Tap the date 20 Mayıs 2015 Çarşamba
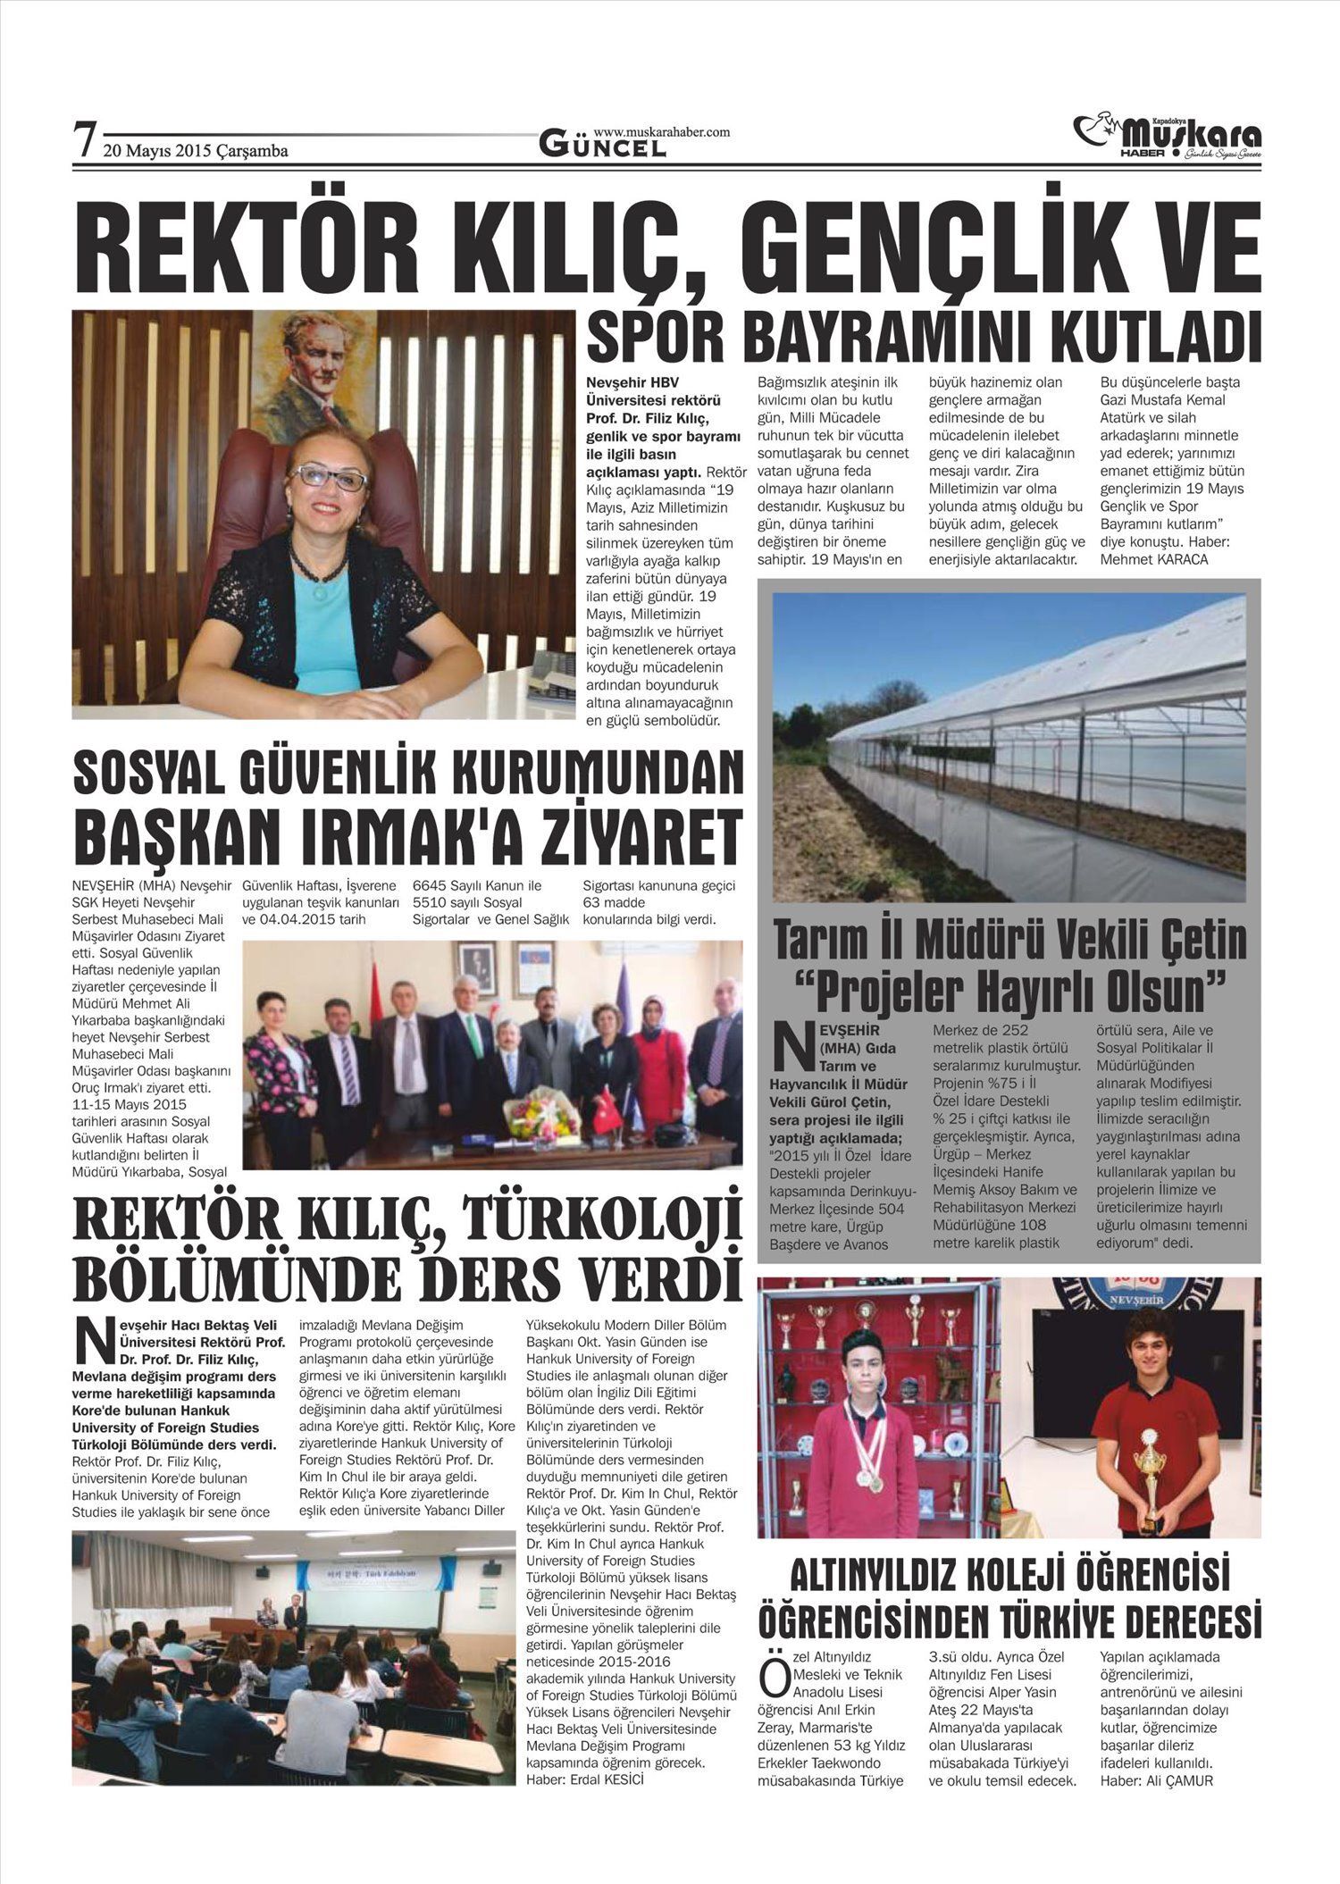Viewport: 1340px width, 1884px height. (x=196, y=151)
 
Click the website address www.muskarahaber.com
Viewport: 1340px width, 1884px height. (x=661, y=131)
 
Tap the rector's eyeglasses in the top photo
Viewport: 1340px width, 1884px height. (x=328, y=477)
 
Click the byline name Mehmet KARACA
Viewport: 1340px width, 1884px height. (x=1153, y=560)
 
